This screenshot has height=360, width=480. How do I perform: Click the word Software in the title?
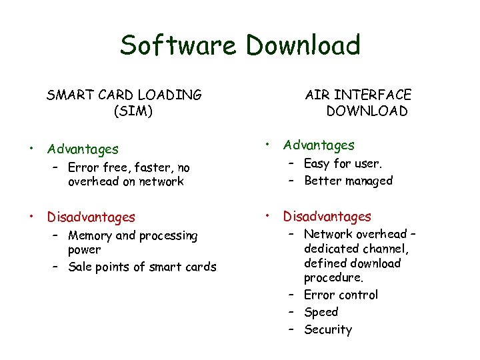click(x=177, y=45)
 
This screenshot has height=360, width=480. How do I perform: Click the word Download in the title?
click(x=303, y=45)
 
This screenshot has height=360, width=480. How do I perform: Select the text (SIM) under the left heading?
click(x=133, y=111)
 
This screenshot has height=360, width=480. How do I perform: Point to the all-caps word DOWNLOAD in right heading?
click(x=367, y=111)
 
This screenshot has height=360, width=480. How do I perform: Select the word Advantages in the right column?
click(x=319, y=145)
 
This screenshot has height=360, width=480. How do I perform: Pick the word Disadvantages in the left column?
click(x=91, y=217)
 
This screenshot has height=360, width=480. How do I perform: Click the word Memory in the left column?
click(x=90, y=235)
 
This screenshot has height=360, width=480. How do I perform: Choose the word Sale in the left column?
click(x=79, y=267)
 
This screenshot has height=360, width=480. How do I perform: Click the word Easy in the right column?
click(x=317, y=163)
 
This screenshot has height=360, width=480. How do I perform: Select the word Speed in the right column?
click(x=321, y=312)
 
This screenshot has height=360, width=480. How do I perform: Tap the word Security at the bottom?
click(x=327, y=329)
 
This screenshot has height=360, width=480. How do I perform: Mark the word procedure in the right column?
click(x=333, y=277)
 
